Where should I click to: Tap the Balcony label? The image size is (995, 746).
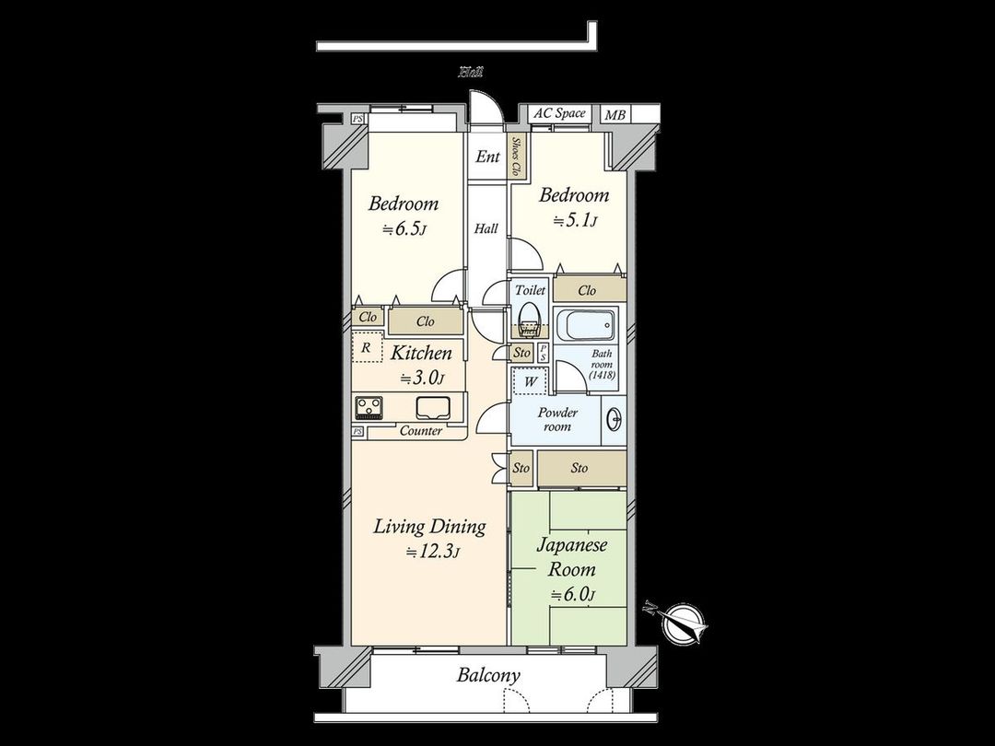coord(488,675)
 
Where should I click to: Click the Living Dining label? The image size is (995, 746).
coord(429,527)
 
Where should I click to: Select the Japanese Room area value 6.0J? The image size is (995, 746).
coord(572,594)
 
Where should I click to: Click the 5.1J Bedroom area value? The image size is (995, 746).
coord(574,220)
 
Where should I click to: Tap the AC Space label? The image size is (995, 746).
coord(559,113)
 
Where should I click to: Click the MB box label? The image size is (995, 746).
coord(613,115)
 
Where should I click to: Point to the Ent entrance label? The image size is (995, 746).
coord(487,157)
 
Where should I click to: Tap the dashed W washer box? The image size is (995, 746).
coord(531,379)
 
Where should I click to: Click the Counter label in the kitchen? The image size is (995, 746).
coord(421,431)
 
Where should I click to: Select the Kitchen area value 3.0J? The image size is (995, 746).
coord(422,378)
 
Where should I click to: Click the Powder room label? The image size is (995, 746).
coord(557,420)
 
